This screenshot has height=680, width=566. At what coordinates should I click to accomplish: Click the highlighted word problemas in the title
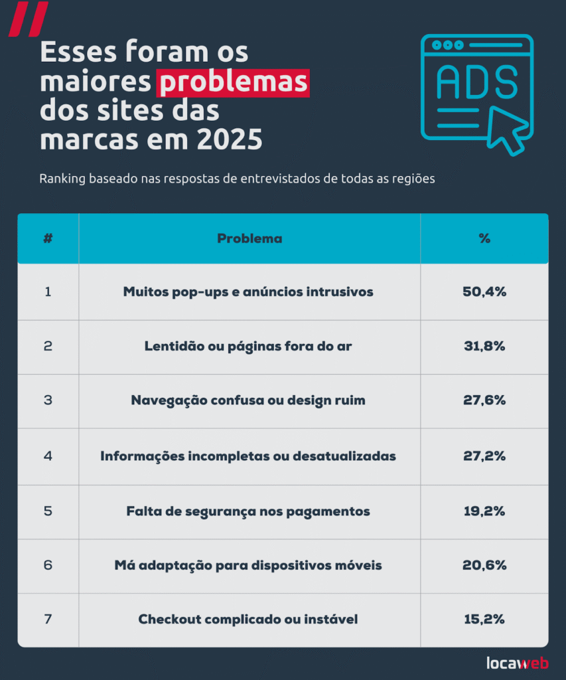(x=233, y=84)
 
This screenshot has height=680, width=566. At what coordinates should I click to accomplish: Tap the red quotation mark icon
(x=28, y=19)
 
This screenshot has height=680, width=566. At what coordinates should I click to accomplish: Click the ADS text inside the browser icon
(x=476, y=83)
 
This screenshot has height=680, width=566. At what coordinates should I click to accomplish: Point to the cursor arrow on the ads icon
(x=507, y=129)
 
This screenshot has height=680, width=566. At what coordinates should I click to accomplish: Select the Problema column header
(x=249, y=238)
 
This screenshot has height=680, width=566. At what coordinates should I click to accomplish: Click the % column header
(x=484, y=238)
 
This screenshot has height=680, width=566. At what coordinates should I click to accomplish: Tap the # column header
(x=48, y=238)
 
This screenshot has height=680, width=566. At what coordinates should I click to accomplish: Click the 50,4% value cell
(x=484, y=292)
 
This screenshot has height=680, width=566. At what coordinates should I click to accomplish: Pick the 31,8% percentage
(x=484, y=346)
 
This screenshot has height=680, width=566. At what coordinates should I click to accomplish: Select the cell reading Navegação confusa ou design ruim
(x=248, y=400)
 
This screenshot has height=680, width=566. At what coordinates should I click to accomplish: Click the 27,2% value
(x=484, y=456)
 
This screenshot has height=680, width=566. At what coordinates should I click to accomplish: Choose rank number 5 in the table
(x=48, y=511)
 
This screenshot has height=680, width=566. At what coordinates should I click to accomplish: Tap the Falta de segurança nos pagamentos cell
(x=248, y=511)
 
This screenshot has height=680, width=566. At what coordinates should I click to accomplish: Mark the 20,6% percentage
(x=484, y=565)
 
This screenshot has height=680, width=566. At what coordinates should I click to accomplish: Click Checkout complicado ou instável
(x=248, y=619)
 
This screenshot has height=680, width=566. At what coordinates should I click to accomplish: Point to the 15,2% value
(x=484, y=619)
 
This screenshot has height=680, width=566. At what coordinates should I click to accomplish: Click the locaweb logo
(x=517, y=662)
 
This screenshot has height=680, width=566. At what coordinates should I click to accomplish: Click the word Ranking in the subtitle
(x=61, y=179)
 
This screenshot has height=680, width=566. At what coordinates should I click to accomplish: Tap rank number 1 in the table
(x=48, y=292)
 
